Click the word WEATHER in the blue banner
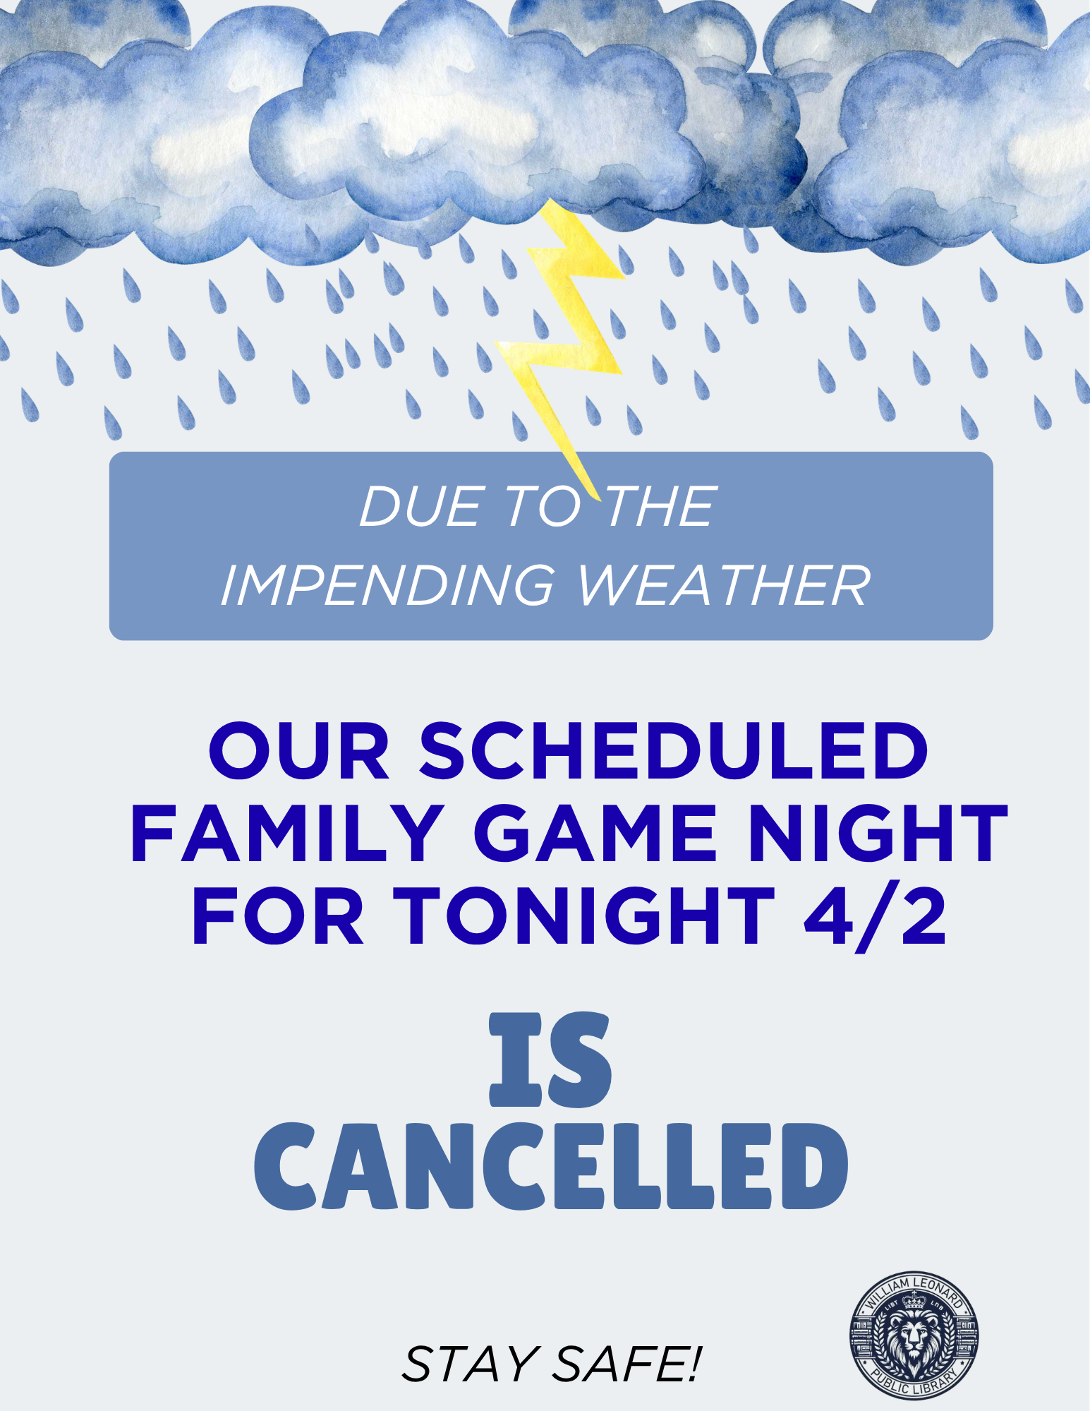point(724,585)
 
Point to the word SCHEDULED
point(674,750)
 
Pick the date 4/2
point(876,916)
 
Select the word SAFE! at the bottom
point(626,1364)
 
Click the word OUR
point(299,750)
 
